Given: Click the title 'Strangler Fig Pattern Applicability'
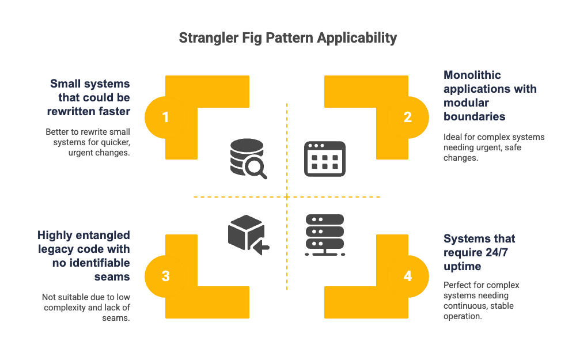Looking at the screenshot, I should pyautogui.click(x=287, y=38).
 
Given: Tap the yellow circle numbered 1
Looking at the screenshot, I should pyautogui.click(x=165, y=118).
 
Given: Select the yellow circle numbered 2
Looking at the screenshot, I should pyautogui.click(x=408, y=118).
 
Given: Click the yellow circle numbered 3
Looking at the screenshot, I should pyautogui.click(x=165, y=276).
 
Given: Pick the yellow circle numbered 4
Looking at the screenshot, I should pyautogui.click(x=408, y=276).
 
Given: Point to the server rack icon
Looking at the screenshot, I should pyautogui.click(x=325, y=234).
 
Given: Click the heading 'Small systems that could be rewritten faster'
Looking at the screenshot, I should pyautogui.click(x=90, y=98).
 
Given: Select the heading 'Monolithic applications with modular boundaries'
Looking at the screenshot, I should pyautogui.click(x=490, y=96).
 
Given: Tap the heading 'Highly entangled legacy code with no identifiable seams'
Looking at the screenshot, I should pyautogui.click(x=84, y=256).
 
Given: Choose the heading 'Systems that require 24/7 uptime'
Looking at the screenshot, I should pyautogui.click(x=479, y=252).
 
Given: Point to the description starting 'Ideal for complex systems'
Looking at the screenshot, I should pyautogui.click(x=494, y=147).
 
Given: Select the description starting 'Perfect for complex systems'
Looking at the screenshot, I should pyautogui.click(x=482, y=301).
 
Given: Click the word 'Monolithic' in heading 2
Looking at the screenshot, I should pyautogui.click(x=472, y=75).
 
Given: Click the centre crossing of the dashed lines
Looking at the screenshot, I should pyautogui.click(x=287, y=197).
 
